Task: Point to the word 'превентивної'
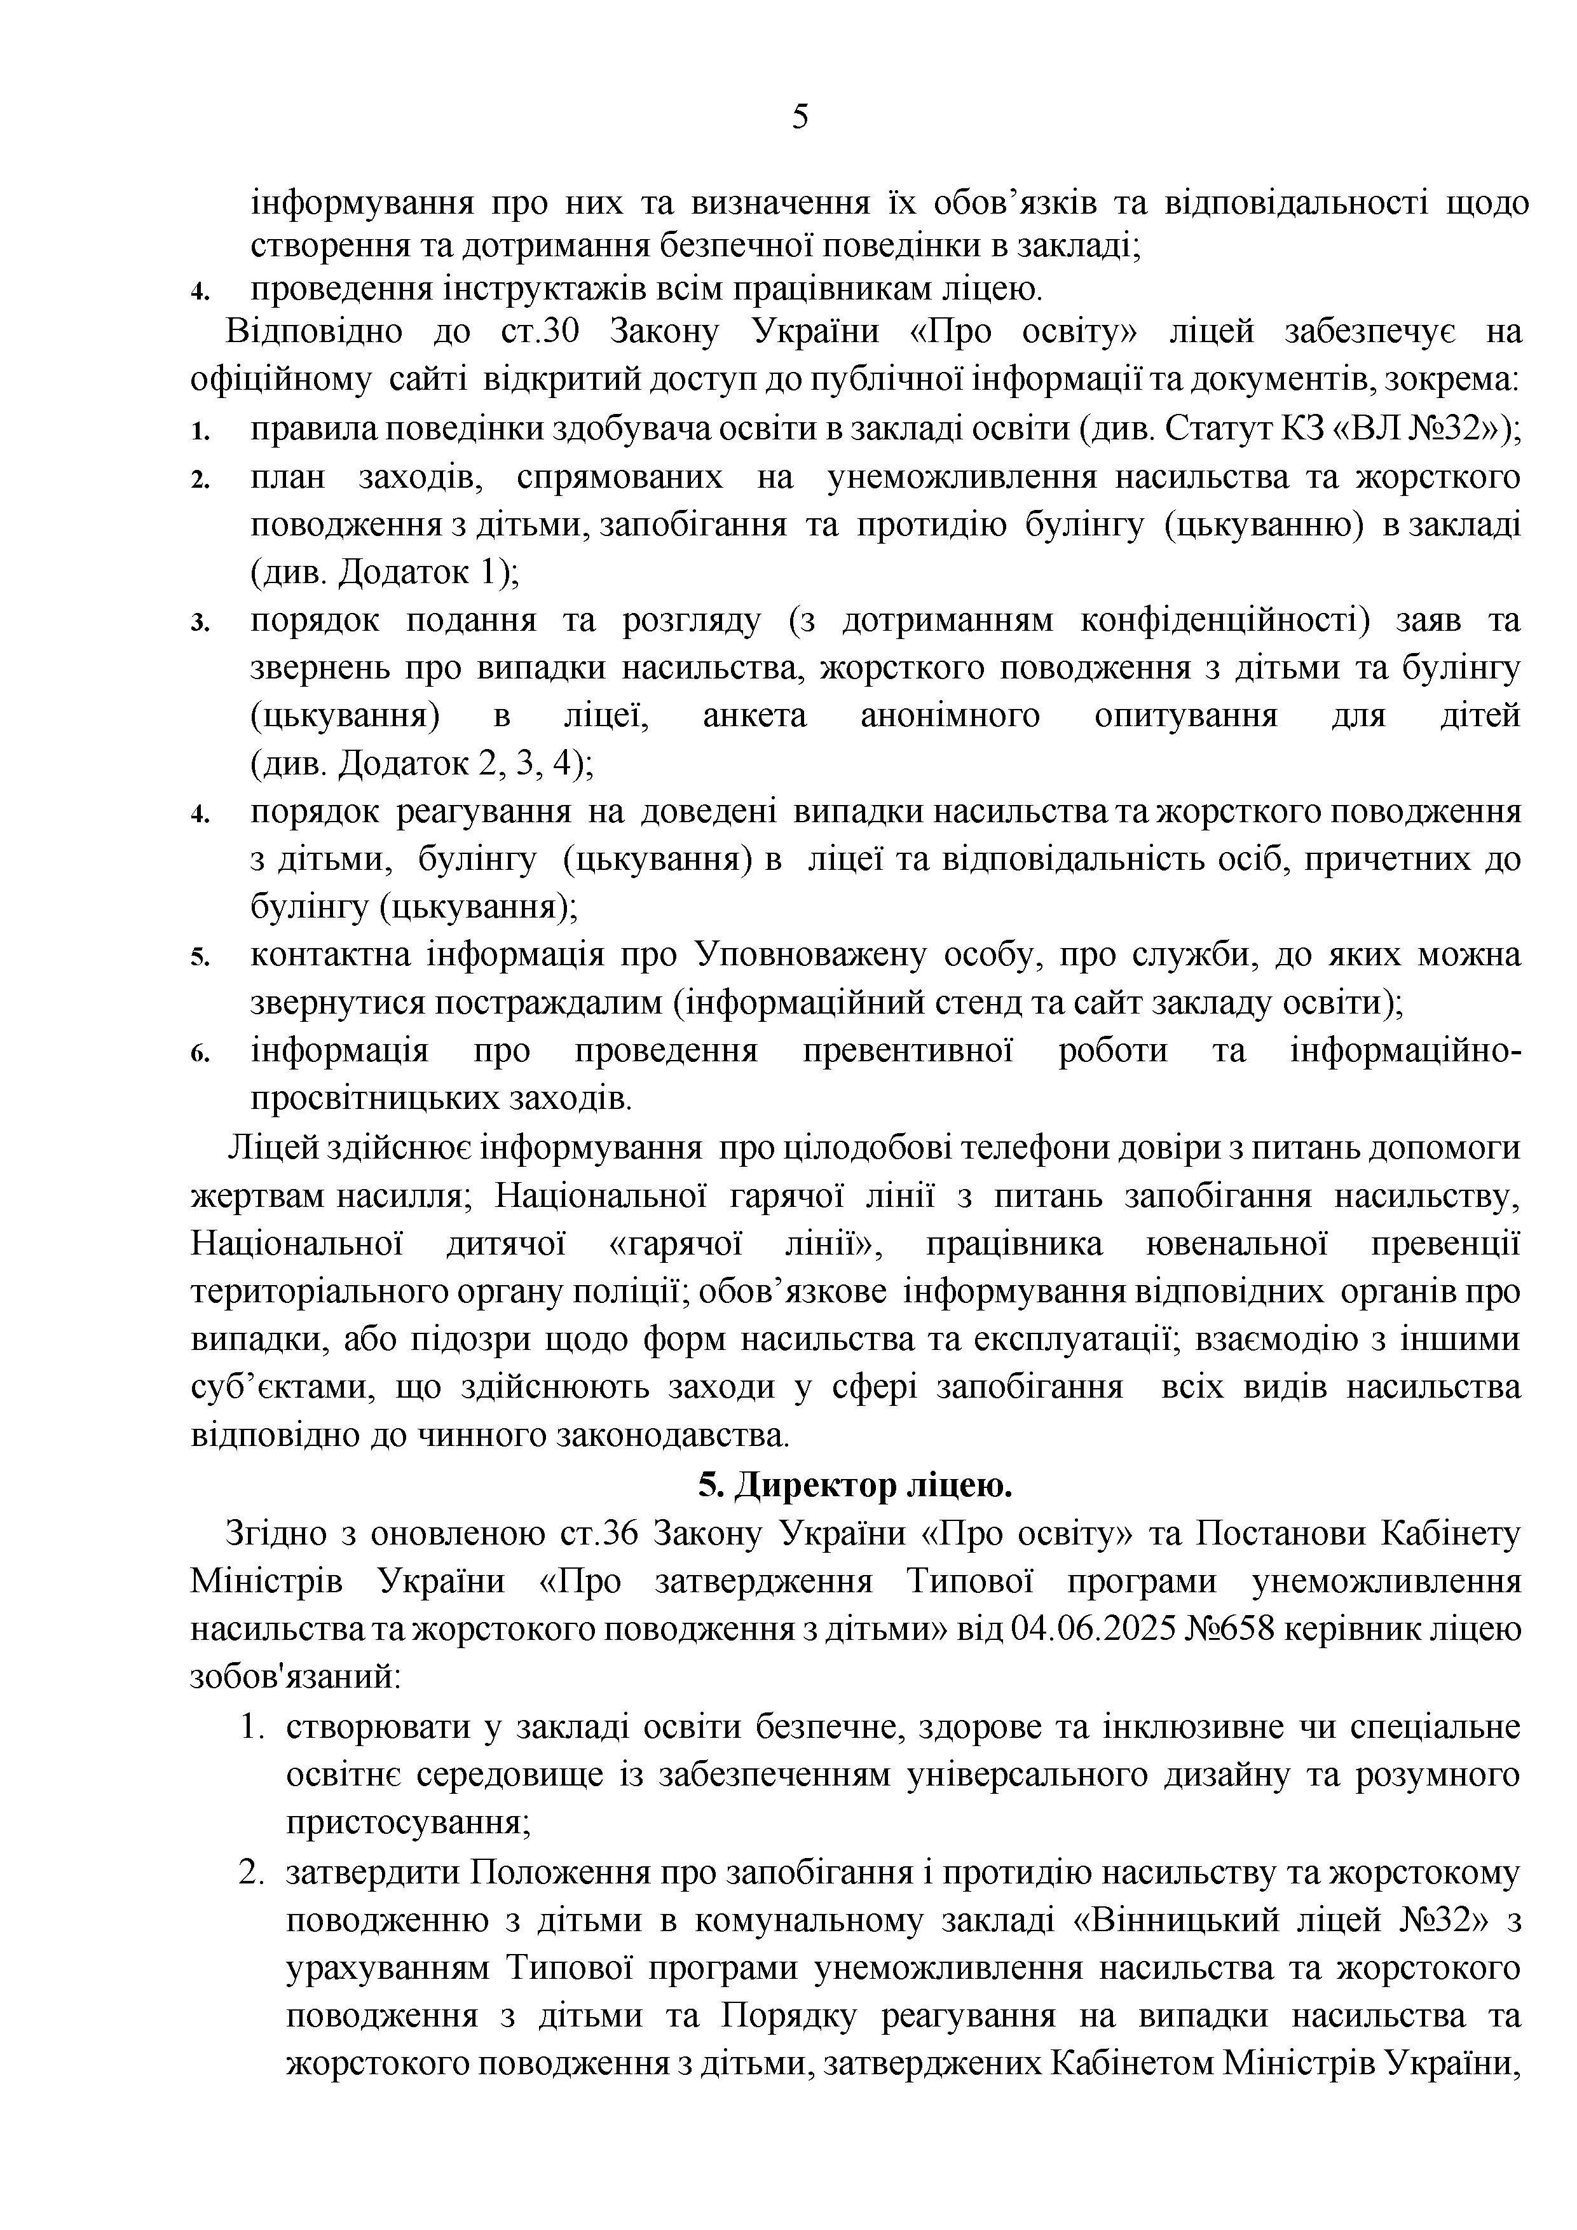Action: [x=908, y=1052]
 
